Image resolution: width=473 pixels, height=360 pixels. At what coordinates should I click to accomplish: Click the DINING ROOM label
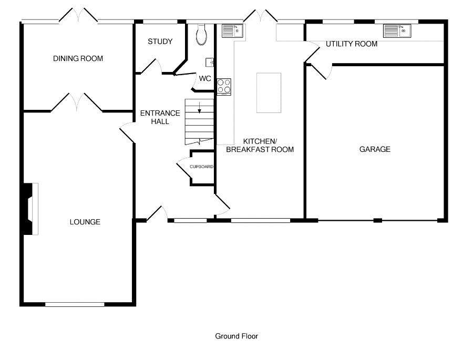[78, 58]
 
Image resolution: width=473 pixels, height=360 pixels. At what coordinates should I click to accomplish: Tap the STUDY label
[160, 42]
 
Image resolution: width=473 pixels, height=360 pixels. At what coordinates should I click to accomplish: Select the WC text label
[205, 78]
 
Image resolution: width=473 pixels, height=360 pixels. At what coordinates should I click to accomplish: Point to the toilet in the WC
[201, 34]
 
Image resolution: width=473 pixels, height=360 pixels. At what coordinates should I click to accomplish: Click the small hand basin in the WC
[210, 62]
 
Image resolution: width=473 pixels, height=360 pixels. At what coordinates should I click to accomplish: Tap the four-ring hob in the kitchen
[224, 87]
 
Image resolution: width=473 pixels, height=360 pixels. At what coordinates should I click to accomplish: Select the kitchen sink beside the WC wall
[232, 31]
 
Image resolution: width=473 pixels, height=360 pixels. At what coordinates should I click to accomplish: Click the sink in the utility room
[397, 31]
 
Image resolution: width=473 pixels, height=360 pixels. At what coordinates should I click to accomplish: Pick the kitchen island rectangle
[269, 92]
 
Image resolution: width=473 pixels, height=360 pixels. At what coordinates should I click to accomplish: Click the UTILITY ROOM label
[352, 44]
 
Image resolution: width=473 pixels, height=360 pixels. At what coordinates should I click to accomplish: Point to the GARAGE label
[375, 149]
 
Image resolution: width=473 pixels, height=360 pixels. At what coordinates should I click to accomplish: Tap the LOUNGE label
[85, 222]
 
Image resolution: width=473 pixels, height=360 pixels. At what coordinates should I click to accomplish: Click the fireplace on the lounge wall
[31, 209]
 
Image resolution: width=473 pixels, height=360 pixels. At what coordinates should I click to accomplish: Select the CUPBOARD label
[201, 167]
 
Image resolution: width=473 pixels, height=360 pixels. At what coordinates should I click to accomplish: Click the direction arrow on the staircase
[199, 107]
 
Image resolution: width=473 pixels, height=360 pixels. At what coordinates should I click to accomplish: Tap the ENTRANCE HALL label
[160, 117]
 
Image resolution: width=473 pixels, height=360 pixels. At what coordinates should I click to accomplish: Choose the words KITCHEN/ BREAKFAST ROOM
[260, 145]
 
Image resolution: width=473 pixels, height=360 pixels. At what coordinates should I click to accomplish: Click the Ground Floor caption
[236, 336]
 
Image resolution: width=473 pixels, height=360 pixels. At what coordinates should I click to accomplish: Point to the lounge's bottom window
[75, 304]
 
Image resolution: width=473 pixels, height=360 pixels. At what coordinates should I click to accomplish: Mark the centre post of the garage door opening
[378, 221]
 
